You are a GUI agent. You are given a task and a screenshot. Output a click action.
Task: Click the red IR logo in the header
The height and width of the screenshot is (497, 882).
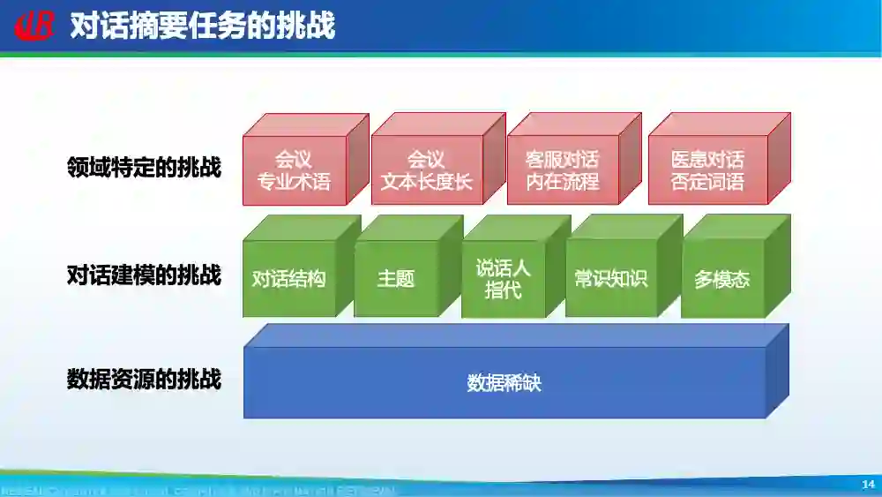pyautogui.click(x=34, y=26)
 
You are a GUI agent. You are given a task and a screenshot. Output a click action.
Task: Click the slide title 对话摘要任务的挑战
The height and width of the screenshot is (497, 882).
pyautogui.click(x=202, y=26)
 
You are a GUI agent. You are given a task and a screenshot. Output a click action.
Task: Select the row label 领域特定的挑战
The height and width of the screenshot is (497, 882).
pyautogui.click(x=144, y=167)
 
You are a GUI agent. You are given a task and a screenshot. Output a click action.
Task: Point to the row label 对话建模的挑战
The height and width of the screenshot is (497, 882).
pyautogui.click(x=144, y=275)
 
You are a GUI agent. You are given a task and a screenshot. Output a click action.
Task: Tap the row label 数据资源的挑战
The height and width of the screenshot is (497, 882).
pyautogui.click(x=144, y=380)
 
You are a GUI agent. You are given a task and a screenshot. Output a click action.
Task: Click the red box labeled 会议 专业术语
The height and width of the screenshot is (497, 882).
pyautogui.click(x=294, y=170)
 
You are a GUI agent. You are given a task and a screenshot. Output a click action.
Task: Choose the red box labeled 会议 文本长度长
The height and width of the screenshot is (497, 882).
pyautogui.click(x=427, y=170)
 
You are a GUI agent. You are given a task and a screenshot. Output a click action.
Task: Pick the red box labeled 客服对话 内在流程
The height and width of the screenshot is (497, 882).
pyautogui.click(x=562, y=170)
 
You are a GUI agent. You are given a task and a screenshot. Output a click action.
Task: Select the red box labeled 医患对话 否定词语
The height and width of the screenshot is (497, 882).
pyautogui.click(x=707, y=170)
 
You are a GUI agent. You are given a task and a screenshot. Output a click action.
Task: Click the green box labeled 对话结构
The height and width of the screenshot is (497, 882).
pyautogui.click(x=289, y=279)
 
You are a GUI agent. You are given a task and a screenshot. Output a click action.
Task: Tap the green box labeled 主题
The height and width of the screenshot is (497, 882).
pyautogui.click(x=396, y=279)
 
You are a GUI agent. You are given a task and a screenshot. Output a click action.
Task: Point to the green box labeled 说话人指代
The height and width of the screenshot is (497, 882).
pyautogui.click(x=504, y=279)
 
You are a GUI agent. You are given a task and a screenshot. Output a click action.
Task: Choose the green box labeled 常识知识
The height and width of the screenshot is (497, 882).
pyautogui.click(x=611, y=279)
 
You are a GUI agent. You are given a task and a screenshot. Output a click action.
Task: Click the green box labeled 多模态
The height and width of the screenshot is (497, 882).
pyautogui.click(x=722, y=279)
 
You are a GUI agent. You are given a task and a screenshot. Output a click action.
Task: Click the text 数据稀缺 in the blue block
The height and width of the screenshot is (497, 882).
pyautogui.click(x=504, y=383)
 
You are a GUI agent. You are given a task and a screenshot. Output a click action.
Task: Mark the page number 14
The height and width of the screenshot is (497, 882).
pyautogui.click(x=868, y=485)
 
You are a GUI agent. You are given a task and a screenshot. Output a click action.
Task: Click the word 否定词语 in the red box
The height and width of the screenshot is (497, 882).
pyautogui.click(x=707, y=182)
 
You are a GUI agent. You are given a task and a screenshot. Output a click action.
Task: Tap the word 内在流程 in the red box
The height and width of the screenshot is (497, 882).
pyautogui.click(x=562, y=182)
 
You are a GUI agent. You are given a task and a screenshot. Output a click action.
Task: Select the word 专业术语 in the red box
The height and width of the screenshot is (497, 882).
pyautogui.click(x=294, y=182)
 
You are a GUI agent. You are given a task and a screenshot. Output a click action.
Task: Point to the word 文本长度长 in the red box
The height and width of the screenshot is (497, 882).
pyautogui.click(x=427, y=182)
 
